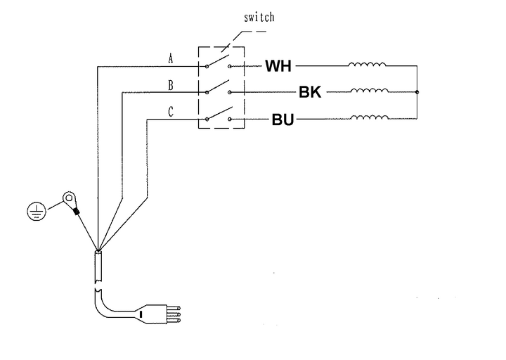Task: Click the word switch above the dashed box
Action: coord(259,17)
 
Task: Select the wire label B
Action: coord(171,84)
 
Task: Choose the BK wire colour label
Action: coord(309,93)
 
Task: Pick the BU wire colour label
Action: coord(283,120)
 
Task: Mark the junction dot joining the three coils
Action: coord(417,92)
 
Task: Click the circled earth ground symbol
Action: coord(35,210)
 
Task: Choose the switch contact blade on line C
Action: coord(218,112)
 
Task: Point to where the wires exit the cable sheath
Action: coord(98,250)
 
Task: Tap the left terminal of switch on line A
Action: coord(207,66)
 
